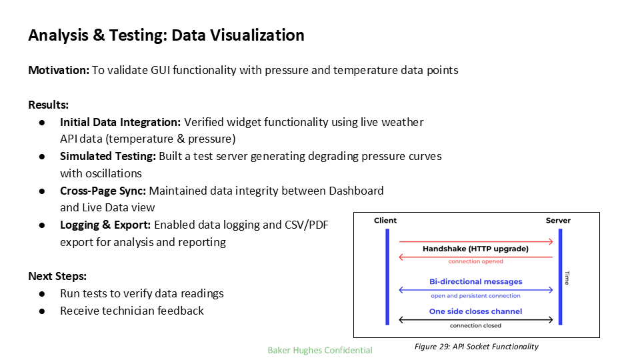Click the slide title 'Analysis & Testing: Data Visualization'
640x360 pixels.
pos(166,35)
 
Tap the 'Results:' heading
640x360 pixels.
pos(49,105)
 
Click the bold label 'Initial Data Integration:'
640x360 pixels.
pos(120,122)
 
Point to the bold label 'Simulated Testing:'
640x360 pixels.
pos(108,156)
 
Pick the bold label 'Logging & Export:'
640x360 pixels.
pos(105,225)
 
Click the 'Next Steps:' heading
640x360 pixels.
pos(57,276)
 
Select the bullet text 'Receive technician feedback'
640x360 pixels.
pos(132,311)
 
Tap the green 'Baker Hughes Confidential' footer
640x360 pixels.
pos(320,350)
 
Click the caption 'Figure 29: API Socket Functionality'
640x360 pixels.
pos(476,347)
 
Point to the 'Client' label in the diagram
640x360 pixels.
pos(385,221)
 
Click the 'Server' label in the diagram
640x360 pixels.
pos(559,221)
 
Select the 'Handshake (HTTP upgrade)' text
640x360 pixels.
pos(475,249)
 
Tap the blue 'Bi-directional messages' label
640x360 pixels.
pos(475,281)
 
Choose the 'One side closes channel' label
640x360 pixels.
pos(475,311)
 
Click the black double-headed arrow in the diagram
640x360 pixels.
pos(475,319)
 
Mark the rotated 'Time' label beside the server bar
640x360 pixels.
pos(567,277)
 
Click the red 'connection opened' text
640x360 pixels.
pos(475,261)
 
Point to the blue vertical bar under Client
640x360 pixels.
pos(386,277)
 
